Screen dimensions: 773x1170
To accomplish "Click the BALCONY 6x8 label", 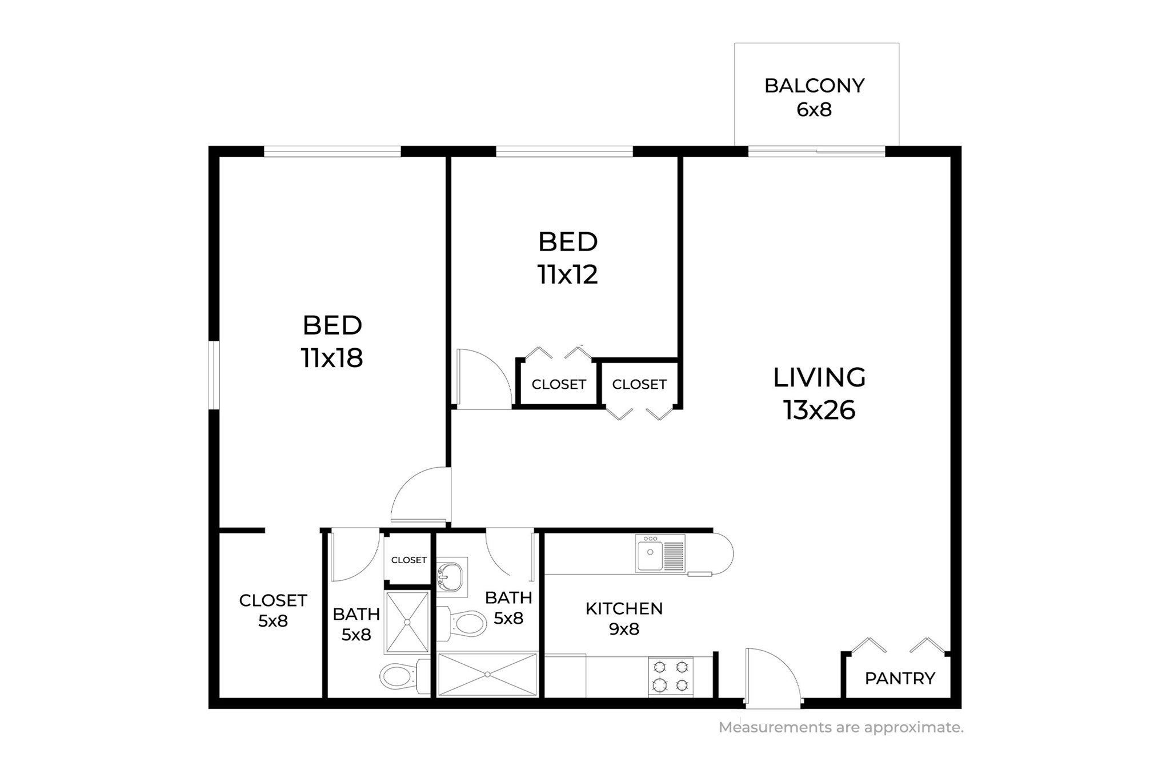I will point(814,97).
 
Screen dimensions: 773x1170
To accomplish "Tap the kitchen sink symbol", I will point(660,553).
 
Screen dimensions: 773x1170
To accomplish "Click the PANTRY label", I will point(900,679).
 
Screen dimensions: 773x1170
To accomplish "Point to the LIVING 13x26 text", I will point(819,393).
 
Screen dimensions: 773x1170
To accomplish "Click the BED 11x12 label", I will point(567,258).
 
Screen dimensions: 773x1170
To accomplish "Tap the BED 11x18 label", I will point(332,341).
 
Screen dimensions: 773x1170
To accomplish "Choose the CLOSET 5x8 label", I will point(273,611).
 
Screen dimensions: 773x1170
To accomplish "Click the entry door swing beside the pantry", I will point(771,675).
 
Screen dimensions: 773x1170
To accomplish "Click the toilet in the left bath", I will point(400,676).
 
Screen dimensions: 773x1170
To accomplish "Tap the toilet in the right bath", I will point(466,623).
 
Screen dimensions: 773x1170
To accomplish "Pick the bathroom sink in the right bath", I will point(451,574).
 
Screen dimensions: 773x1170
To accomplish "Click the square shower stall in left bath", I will point(407,622).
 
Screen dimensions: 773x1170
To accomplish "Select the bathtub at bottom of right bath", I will point(487,675).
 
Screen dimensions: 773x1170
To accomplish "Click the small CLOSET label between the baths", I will point(408,560).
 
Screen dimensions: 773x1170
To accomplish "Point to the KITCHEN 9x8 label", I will point(624,619).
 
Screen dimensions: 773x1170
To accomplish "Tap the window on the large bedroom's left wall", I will point(214,375).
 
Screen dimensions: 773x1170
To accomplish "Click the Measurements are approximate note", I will point(841,727).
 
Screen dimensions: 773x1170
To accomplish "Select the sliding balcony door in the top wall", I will point(817,152).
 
